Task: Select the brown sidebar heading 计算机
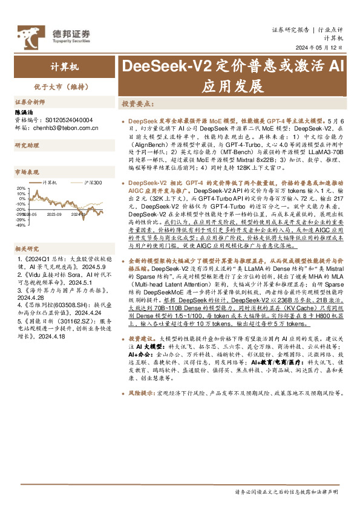(58, 66)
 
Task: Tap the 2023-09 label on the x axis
(54, 213)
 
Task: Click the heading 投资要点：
(137, 104)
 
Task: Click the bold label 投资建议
(140, 339)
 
